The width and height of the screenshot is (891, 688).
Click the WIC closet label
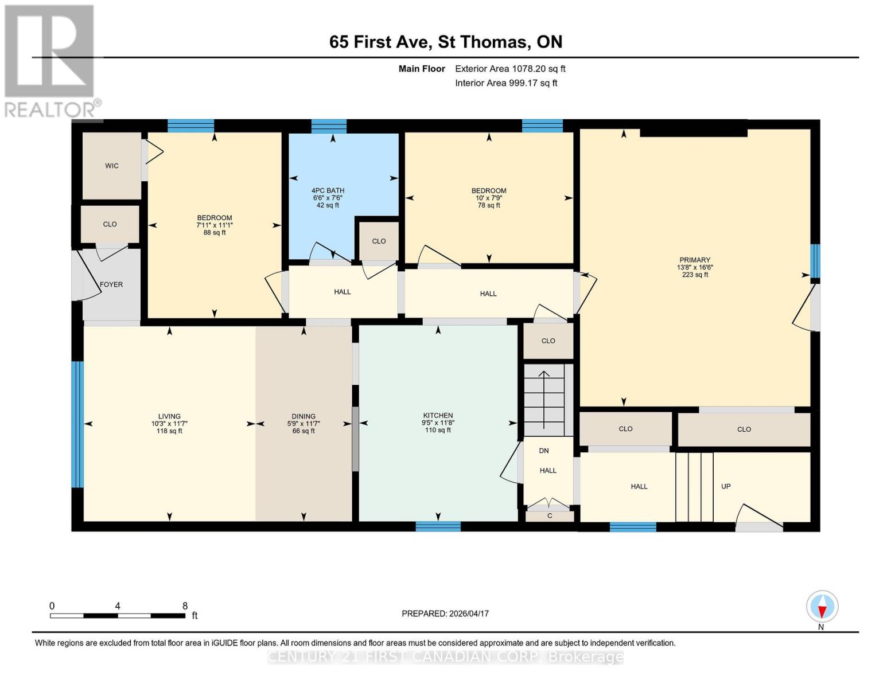tap(112, 166)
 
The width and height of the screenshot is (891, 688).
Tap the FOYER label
tap(111, 284)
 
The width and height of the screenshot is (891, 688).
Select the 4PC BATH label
tap(328, 190)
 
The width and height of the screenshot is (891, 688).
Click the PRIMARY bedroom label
tap(694, 260)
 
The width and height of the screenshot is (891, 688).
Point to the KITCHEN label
tap(438, 415)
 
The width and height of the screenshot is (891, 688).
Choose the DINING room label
tap(304, 416)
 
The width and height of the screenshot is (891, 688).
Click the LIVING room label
tap(169, 416)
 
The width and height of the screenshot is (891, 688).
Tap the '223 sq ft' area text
tap(694, 275)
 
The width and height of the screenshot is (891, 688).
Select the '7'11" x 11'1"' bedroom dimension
tap(215, 225)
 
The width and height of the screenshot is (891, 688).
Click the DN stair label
tap(544, 451)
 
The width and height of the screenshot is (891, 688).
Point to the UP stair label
tap(726, 486)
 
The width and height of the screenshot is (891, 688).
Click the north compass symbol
tap(822, 607)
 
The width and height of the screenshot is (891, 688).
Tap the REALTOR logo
tap(50, 60)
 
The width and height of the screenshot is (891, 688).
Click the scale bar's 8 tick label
tap(185, 605)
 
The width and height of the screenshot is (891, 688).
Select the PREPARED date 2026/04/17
tap(445, 613)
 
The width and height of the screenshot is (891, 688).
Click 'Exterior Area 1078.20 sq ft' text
tap(510, 68)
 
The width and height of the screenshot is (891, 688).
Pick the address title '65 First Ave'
tap(379, 42)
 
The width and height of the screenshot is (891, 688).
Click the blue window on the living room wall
tap(77, 424)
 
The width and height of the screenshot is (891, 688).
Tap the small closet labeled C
tap(550, 516)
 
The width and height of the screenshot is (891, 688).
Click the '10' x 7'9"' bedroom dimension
tap(489, 198)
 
